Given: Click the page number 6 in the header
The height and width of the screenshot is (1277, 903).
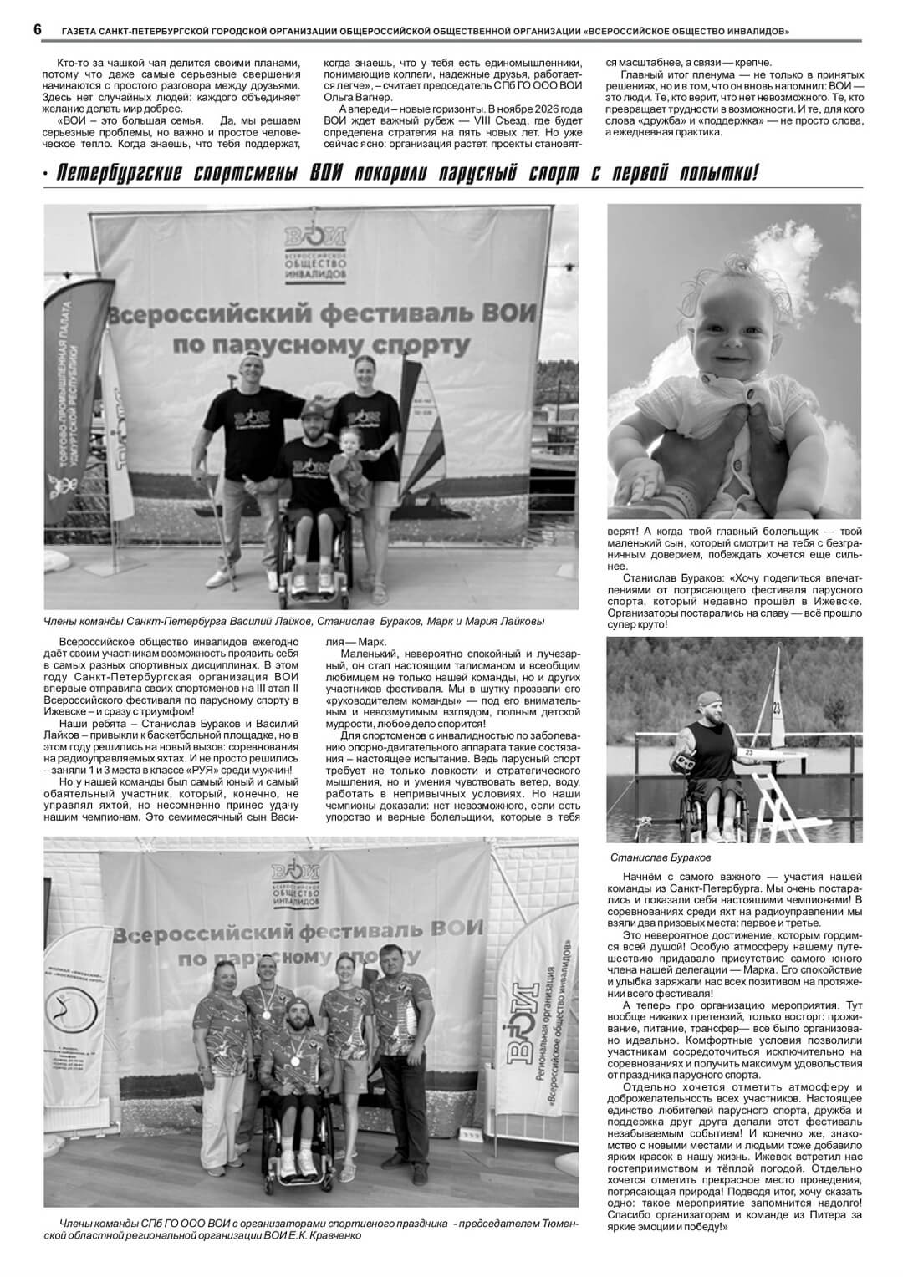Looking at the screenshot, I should [x=38, y=30].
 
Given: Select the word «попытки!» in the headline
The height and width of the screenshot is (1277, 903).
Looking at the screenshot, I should [x=717, y=174].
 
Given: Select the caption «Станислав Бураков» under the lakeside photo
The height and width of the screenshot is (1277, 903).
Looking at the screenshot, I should [x=660, y=857].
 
